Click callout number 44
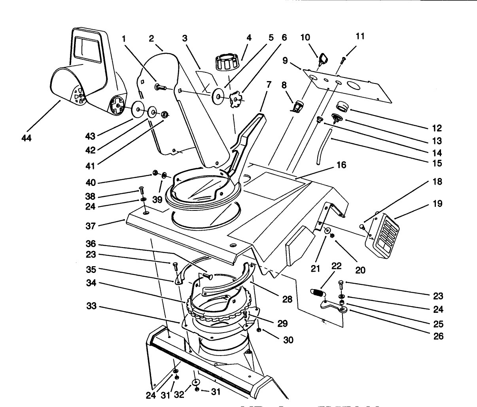pyautogui.click(x=27, y=138)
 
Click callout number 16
pyautogui.click(x=341, y=165)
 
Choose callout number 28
pyautogui.click(x=287, y=299)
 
